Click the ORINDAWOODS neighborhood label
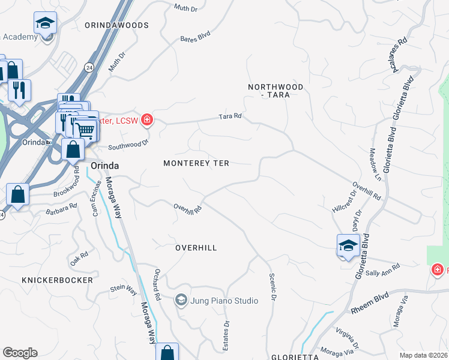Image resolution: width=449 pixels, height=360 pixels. coord(116,25)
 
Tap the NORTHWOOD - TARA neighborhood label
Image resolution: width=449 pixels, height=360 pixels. coord(276,91)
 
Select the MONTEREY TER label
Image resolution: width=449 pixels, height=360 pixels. coord(196,163)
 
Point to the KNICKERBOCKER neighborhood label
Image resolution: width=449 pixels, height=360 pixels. coord(58,280)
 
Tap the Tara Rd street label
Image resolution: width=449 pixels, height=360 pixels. coord(230,116)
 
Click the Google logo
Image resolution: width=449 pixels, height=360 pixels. coord(19,353)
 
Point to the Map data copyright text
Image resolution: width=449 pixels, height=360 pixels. coord(423,355)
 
